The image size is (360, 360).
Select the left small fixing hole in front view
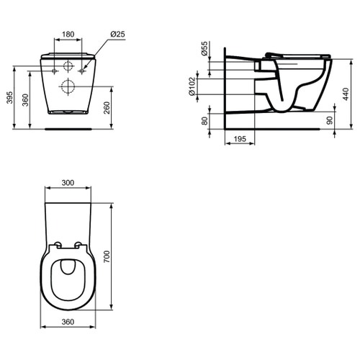click(56, 71)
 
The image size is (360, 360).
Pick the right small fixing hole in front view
click(83, 71)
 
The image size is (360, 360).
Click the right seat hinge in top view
click(80, 245)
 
